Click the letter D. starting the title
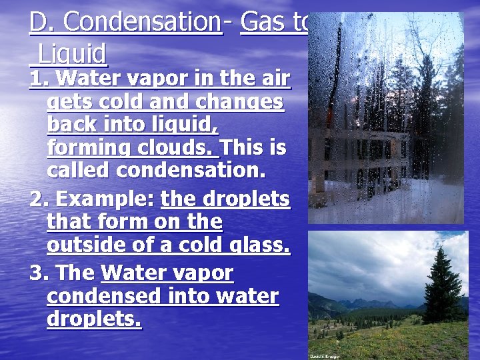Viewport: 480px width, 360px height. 39,23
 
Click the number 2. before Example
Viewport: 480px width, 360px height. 39,199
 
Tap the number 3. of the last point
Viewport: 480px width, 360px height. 39,273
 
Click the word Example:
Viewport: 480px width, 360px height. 107,199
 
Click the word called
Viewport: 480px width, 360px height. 79,171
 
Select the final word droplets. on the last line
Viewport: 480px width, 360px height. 94,319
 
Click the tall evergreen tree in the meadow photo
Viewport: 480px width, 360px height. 442,280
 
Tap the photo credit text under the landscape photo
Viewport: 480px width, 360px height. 323,356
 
